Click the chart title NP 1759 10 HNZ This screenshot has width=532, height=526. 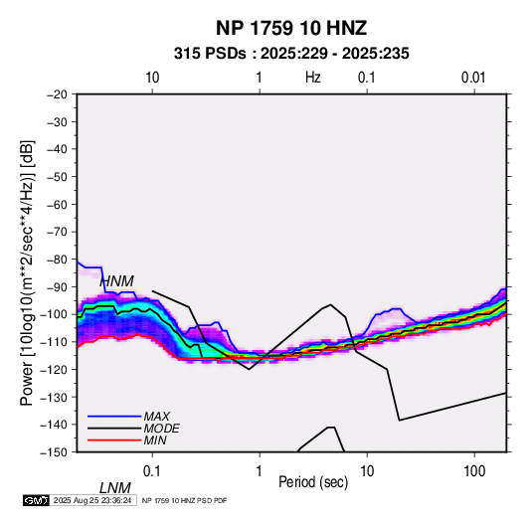click(x=291, y=28)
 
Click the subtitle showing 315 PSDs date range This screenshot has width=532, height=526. click(x=291, y=54)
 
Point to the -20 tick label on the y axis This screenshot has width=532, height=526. click(x=57, y=94)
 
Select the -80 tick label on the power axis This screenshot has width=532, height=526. click(x=57, y=260)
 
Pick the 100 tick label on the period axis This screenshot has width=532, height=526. click(x=474, y=471)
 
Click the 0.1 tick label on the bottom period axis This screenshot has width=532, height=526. click(x=152, y=471)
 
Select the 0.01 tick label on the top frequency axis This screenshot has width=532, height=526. click(x=473, y=78)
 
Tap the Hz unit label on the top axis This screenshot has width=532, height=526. click(x=313, y=78)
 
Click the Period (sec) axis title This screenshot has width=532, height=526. click(x=313, y=482)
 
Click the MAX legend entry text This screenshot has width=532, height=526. click(x=156, y=417)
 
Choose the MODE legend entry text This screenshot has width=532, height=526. click(x=161, y=429)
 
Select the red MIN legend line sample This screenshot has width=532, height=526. click(x=114, y=440)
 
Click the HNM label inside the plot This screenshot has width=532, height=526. click(x=116, y=281)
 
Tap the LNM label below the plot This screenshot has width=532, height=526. click(x=115, y=488)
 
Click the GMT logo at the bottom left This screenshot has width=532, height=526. click(x=36, y=500)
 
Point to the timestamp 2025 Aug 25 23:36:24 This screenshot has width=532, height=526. click(x=92, y=500)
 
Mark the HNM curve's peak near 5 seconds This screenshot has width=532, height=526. click(x=331, y=304)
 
